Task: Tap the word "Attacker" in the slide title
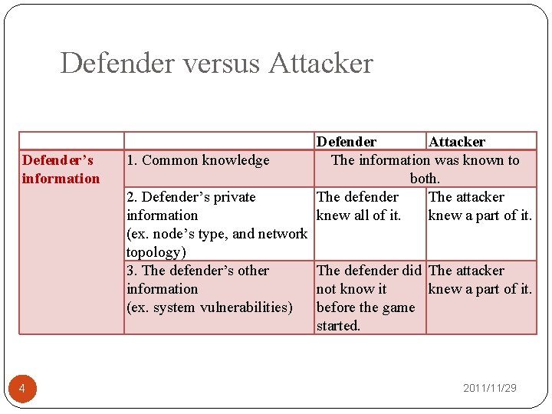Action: coord(320,63)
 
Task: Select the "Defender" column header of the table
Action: coord(347,142)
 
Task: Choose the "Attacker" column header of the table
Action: coord(457,142)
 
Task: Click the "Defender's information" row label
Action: coord(61,169)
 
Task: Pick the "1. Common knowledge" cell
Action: coord(199,160)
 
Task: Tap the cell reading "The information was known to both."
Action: coord(425,169)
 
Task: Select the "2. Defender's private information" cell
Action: coord(191,206)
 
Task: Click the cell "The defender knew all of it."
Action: coord(359,206)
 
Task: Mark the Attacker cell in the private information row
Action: coord(480,206)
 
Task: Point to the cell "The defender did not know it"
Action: coord(369,279)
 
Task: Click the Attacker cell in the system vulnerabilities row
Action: coord(480,280)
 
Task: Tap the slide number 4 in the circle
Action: coord(21,389)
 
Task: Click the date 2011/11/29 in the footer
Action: coord(489,388)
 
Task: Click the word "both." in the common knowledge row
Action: coord(425,179)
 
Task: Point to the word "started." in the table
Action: coord(338,326)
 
